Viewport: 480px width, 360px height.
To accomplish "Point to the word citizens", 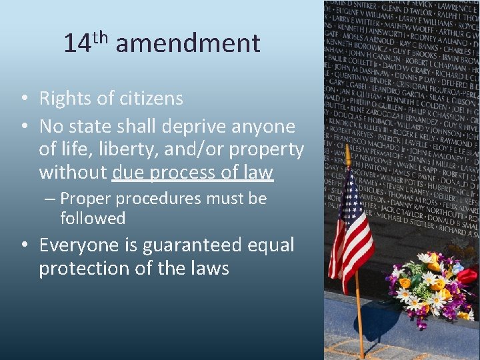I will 151,99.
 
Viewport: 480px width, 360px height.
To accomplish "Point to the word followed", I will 93,218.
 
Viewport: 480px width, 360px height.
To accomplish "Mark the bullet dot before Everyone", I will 24,245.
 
